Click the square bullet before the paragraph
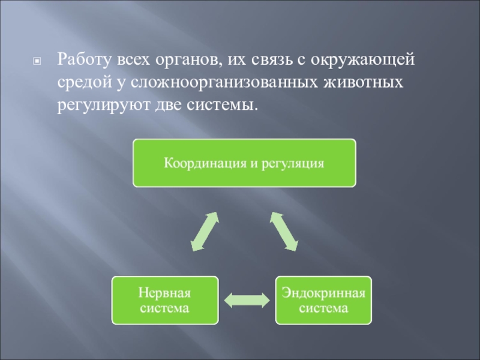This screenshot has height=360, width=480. tap(37, 61)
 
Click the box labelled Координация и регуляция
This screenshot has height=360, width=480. tap(244, 163)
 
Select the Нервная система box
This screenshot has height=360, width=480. tap(164, 300)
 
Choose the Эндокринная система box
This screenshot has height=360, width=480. tap(324, 300)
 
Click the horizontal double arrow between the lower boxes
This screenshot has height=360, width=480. tap(246, 299)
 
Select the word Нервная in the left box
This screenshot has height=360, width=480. tap(164, 293)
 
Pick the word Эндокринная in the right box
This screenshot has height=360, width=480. tap(324, 293)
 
